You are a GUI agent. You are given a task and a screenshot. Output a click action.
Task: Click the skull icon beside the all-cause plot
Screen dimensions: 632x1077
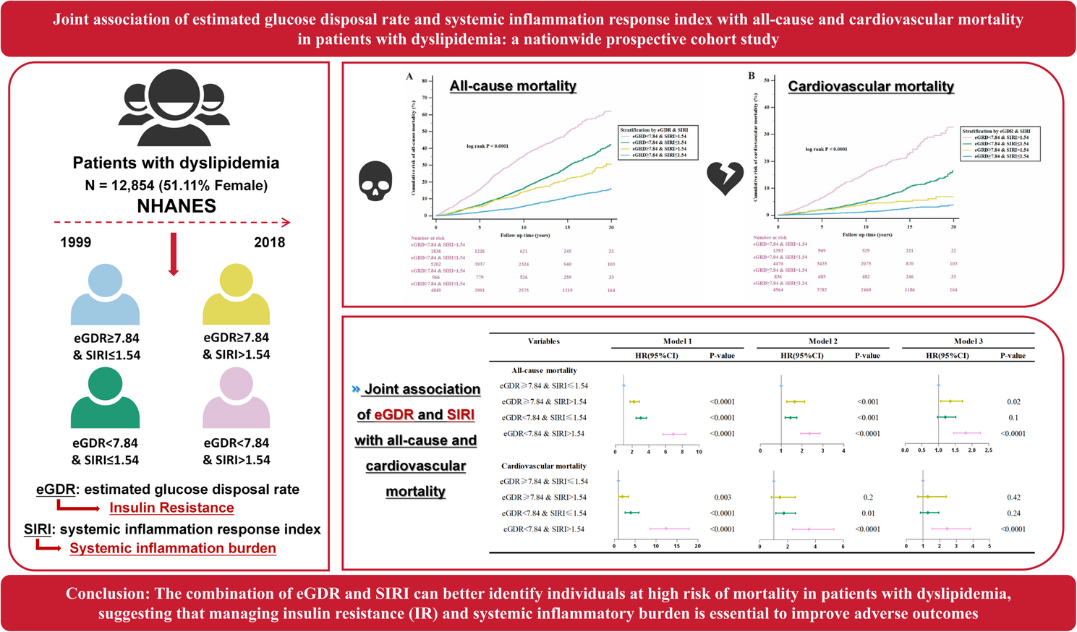(375, 180)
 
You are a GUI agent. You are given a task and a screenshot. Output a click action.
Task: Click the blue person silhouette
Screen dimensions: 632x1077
(105, 294)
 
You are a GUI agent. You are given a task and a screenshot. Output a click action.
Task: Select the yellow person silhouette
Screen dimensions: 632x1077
(236, 294)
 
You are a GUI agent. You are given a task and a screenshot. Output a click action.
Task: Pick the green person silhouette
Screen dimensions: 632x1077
(105, 398)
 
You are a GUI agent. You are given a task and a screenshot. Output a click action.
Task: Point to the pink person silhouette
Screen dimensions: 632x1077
(236, 398)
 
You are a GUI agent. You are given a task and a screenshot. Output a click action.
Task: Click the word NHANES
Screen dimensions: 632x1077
(176, 206)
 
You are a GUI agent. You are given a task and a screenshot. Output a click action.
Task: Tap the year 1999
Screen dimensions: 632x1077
(76, 242)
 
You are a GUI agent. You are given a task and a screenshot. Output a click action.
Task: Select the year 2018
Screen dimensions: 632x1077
(269, 242)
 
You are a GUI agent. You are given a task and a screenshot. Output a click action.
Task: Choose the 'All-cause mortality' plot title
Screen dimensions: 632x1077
(513, 86)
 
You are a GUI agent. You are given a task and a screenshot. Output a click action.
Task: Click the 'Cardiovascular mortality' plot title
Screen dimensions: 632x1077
(871, 87)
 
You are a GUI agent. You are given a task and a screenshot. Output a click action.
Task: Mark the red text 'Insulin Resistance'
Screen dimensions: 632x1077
(171, 508)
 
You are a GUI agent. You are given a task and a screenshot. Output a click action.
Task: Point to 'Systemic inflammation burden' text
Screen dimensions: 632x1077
(173, 548)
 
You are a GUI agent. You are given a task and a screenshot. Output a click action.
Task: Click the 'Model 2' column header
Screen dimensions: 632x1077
(823, 341)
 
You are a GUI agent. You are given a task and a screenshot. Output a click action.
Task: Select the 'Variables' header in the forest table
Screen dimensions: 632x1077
(544, 341)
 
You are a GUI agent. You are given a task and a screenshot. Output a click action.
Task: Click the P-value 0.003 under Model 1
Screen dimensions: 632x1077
(722, 498)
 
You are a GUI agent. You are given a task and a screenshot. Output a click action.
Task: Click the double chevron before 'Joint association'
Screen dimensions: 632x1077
(356, 389)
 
